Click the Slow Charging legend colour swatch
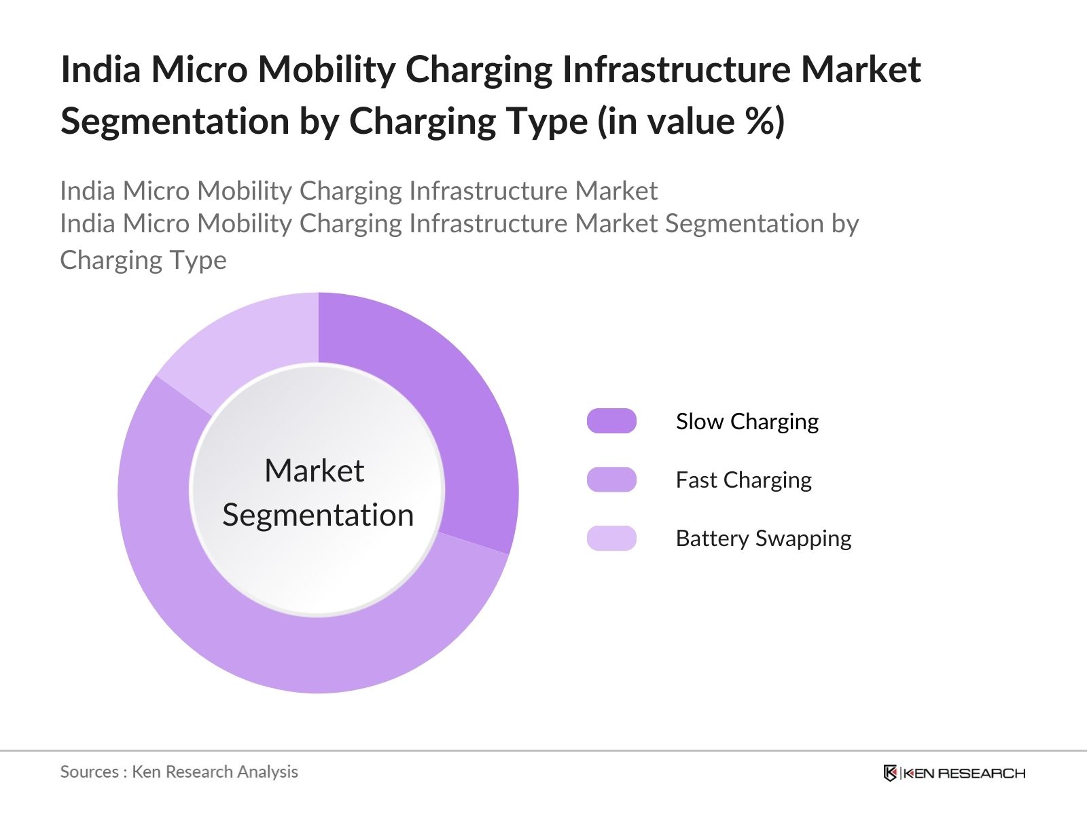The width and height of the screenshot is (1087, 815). [611, 421]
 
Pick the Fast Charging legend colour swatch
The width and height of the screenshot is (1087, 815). [611, 479]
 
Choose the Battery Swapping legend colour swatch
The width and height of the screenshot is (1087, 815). [611, 538]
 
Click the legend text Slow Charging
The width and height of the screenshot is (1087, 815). [747, 422]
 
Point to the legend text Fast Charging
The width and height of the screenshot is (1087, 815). [743, 480]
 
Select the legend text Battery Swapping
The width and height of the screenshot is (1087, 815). [763, 539]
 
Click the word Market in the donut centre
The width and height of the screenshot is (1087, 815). [315, 471]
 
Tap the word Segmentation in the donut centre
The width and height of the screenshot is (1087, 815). [318, 515]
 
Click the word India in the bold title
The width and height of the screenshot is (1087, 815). [101, 69]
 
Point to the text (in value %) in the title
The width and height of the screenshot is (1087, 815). [691, 122]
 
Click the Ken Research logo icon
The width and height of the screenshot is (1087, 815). [890, 773]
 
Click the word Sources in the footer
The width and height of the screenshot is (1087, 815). [89, 772]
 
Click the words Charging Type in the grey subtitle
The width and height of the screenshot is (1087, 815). [143, 260]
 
